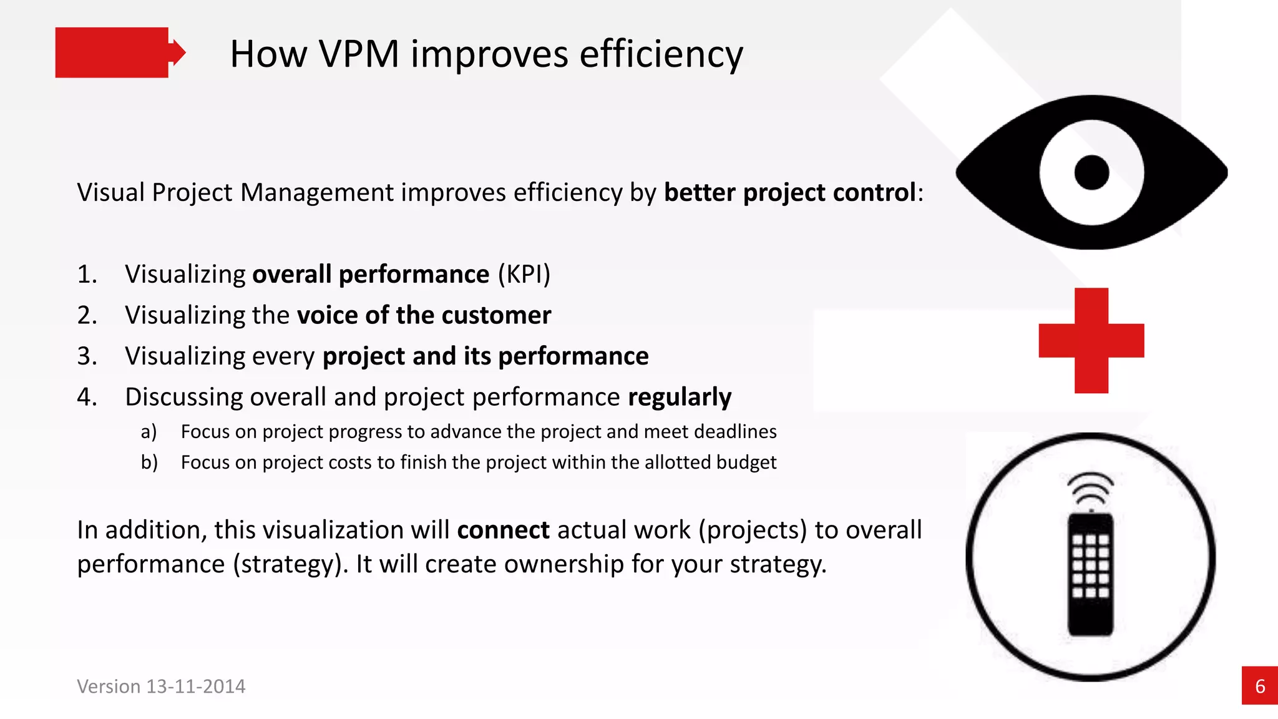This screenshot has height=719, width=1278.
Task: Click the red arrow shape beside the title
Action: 119,52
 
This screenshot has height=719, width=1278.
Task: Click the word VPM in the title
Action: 358,54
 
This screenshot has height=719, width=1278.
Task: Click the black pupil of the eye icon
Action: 1091,172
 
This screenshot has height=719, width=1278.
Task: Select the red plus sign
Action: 1091,341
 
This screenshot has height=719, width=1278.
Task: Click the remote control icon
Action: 1090,574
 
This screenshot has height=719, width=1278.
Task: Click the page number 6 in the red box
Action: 1260,687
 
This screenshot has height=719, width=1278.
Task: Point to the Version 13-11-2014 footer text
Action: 161,687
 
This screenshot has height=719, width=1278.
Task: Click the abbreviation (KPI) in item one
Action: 524,275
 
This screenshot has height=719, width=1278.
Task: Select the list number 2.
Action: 87,315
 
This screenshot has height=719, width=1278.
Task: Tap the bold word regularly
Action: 680,398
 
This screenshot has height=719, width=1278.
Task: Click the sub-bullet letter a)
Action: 149,431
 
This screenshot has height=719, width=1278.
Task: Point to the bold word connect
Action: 503,530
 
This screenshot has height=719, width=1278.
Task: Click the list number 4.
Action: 87,397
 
